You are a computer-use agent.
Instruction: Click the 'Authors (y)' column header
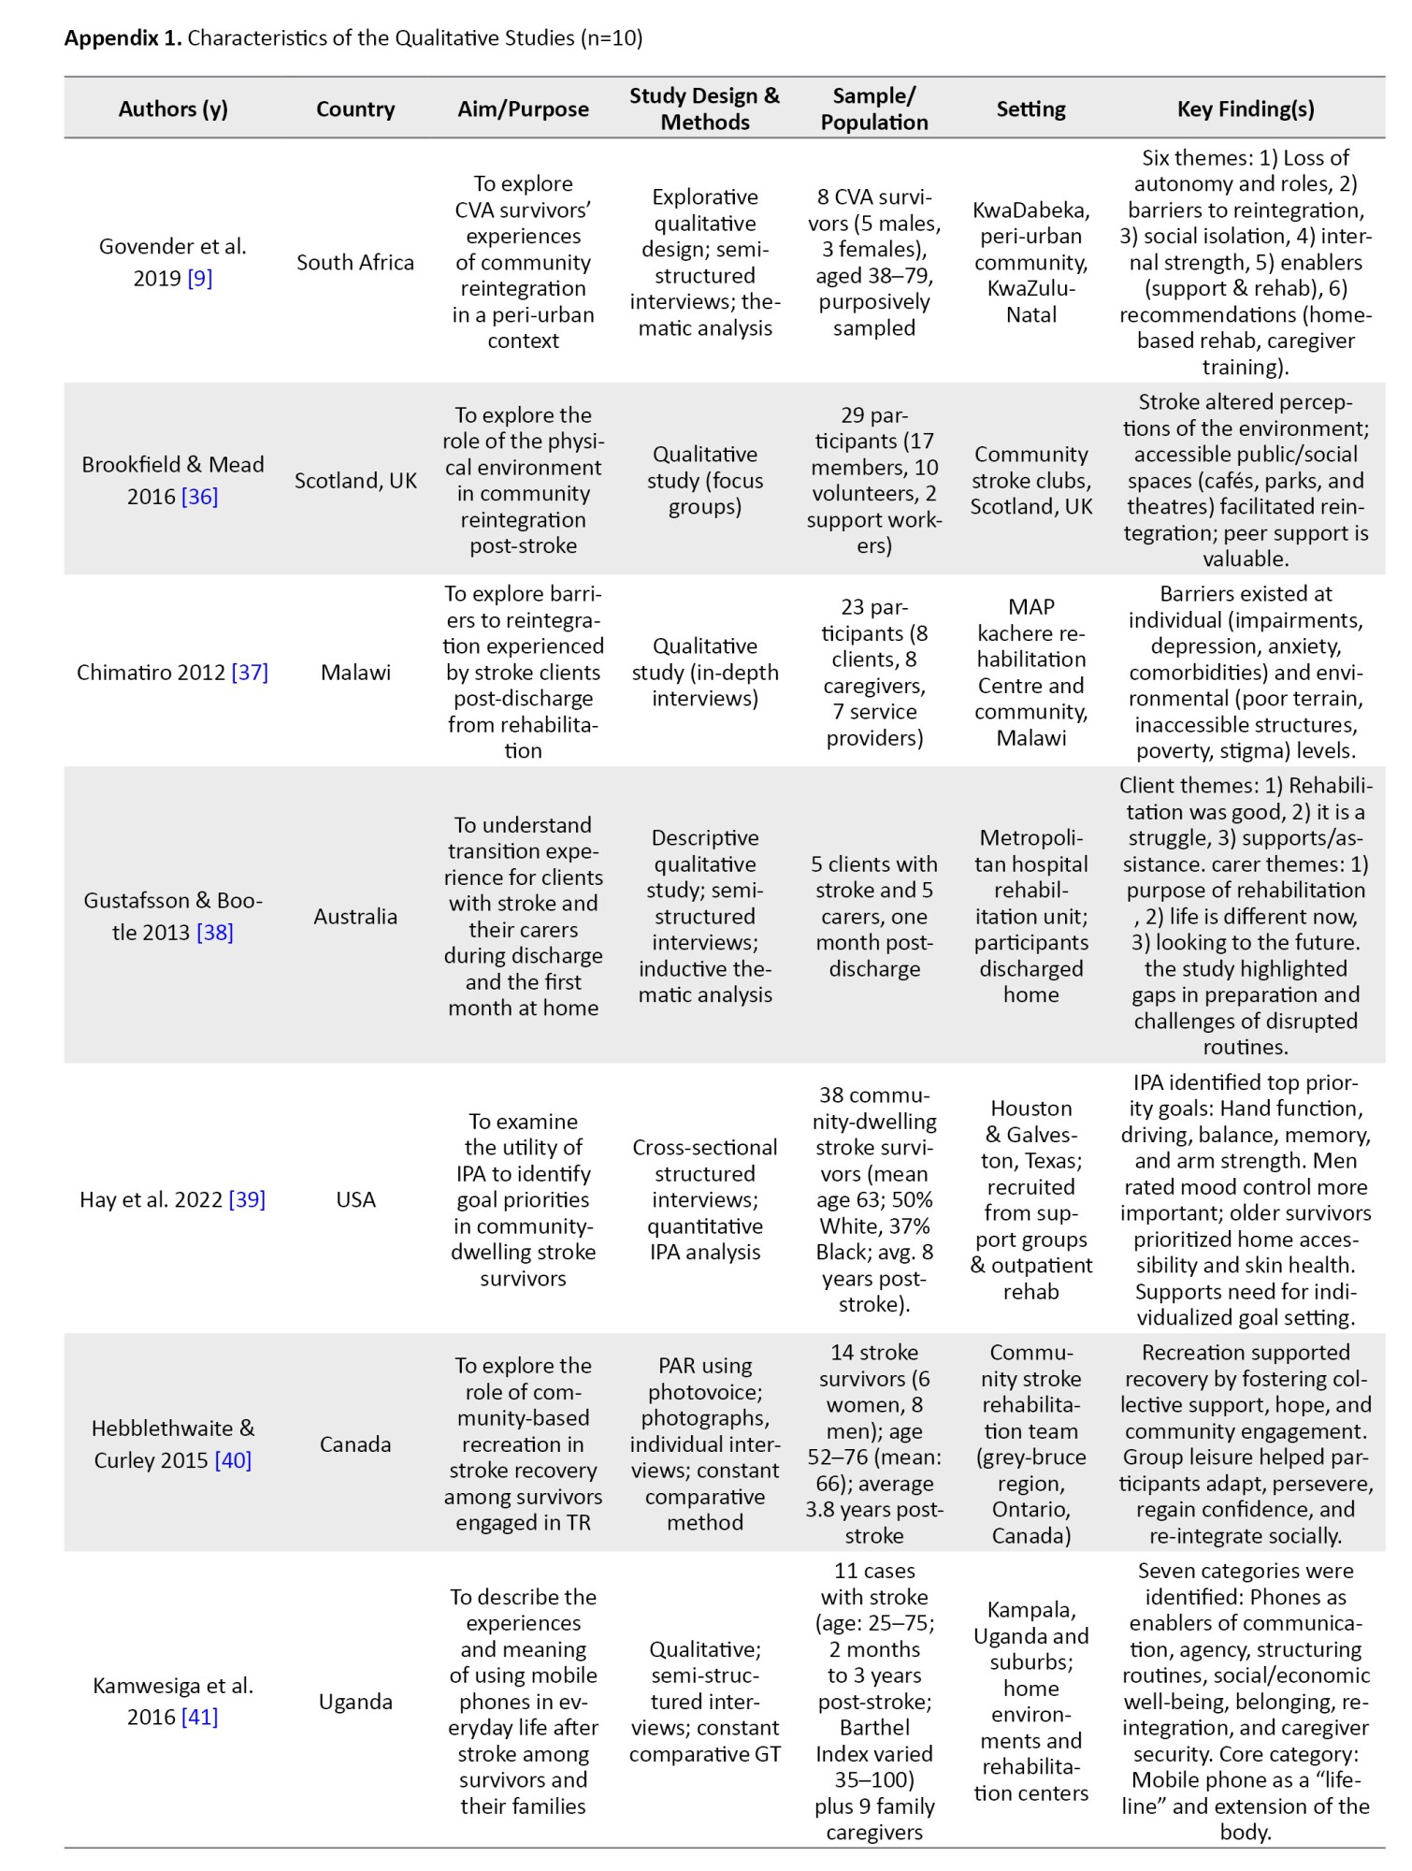pos(173,109)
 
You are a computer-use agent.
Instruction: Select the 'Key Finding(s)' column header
pos(1246,109)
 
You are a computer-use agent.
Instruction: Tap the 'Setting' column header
pos(1030,109)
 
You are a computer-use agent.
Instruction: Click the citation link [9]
pos(200,279)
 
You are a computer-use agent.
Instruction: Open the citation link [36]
pos(200,497)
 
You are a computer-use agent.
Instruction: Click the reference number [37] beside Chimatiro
pos(250,673)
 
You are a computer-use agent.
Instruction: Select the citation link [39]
pos(247,1200)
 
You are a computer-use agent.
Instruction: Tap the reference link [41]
pos(200,1718)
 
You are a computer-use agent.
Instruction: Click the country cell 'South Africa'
pos(355,263)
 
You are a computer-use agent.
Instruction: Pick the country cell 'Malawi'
pos(355,673)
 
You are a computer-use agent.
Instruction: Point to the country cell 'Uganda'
pos(355,1702)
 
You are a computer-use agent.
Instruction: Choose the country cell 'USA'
pos(355,1200)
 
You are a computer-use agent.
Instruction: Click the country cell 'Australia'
pos(355,917)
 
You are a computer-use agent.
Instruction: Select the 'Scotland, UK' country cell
pos(355,481)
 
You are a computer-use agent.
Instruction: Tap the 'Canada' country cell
pos(355,1444)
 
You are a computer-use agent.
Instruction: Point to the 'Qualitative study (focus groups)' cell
pos(705,481)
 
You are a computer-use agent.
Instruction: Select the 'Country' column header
pos(355,109)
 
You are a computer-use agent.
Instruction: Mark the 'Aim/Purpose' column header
pos(523,109)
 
